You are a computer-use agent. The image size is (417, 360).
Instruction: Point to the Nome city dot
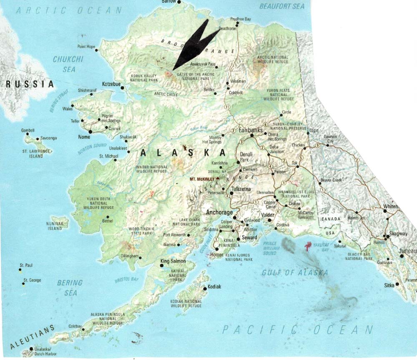(90, 131)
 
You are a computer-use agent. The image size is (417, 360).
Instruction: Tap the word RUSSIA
(30, 84)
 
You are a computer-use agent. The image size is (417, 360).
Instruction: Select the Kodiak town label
(214, 287)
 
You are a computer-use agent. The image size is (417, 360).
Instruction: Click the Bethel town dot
(108, 217)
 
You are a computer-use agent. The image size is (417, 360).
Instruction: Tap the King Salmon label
(173, 261)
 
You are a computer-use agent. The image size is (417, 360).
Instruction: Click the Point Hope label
(86, 47)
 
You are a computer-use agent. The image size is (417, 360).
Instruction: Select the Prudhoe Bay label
(240, 19)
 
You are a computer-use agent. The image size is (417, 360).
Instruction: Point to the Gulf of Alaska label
(294, 272)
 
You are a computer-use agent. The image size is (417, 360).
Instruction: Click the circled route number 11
(227, 107)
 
